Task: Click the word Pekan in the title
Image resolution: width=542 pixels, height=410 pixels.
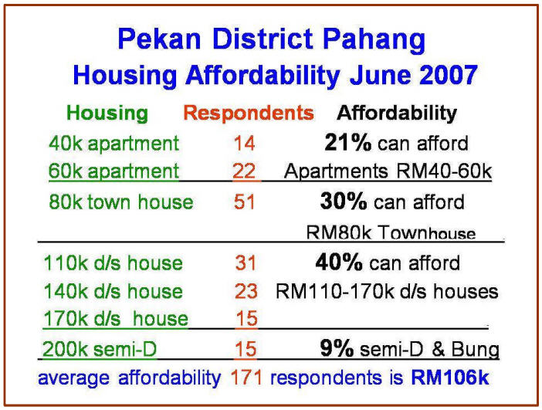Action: [x=159, y=39]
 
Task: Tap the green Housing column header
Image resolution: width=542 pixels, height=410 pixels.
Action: [x=107, y=114]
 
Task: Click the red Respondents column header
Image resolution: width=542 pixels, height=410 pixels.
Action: [x=249, y=113]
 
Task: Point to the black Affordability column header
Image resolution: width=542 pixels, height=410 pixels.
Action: [x=397, y=114]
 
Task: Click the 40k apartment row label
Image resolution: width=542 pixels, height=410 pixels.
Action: [x=113, y=143]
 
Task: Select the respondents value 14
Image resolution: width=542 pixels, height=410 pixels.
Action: [x=245, y=143]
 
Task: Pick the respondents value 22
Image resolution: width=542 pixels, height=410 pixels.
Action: [x=244, y=171]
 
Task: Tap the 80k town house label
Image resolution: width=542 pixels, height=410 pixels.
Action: [x=121, y=202]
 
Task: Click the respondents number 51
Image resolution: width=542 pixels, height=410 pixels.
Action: [x=244, y=202]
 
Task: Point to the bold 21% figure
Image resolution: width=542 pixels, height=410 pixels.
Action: [x=347, y=142]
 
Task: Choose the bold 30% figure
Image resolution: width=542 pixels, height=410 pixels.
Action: [x=344, y=201]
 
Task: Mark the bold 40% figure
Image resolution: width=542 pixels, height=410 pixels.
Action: [x=339, y=263]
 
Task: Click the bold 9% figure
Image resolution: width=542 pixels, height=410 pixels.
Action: [x=337, y=348]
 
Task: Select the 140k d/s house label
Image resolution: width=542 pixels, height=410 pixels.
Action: [x=113, y=291]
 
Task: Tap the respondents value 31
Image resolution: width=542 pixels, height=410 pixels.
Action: [x=246, y=263]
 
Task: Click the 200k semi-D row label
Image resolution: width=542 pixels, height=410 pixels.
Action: [x=100, y=349]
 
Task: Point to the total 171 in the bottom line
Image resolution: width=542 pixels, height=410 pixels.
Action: [x=246, y=377]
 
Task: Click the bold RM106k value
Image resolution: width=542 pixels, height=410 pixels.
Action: [x=449, y=377]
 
